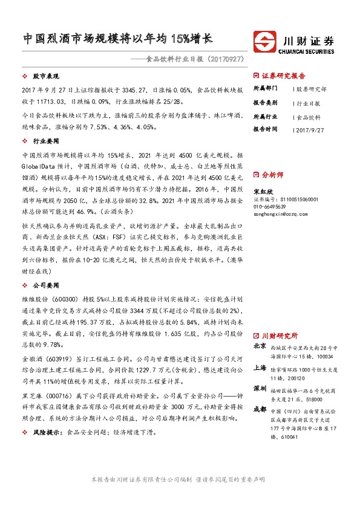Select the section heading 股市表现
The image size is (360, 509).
tap(44, 77)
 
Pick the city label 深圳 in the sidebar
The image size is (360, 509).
tap(260, 387)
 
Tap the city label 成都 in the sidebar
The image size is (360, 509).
tap(260, 408)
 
